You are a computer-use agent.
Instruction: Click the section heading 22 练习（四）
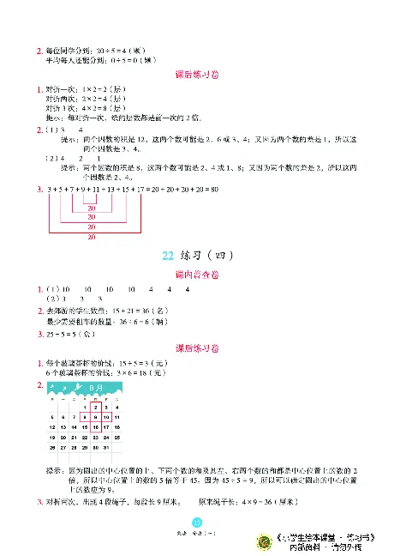click(x=197, y=256)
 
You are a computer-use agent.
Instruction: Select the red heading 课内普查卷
click(x=197, y=274)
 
